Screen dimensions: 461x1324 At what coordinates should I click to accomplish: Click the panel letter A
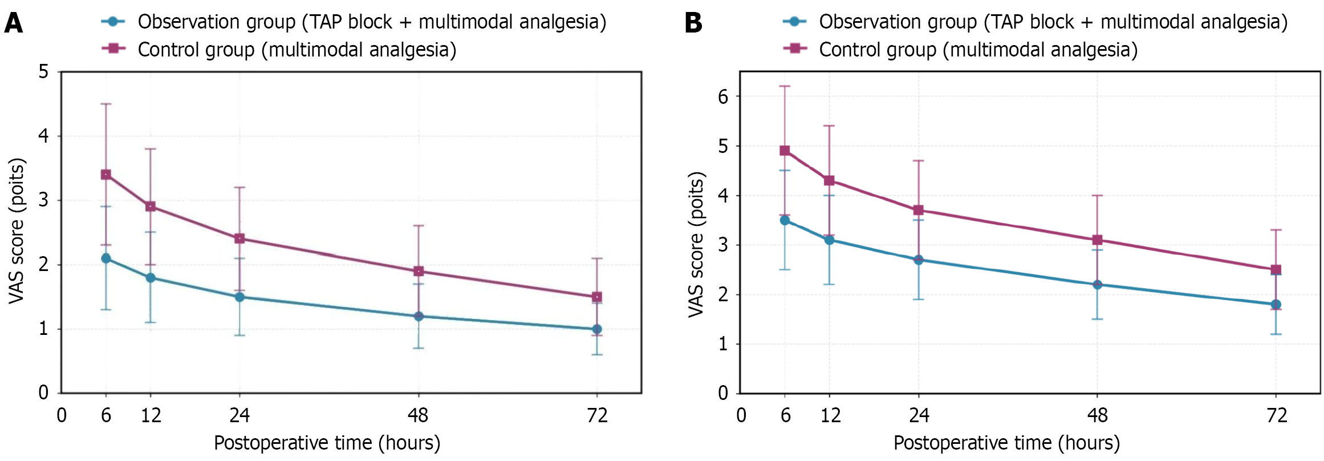(x=14, y=23)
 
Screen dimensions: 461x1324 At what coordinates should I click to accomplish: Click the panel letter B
(x=693, y=23)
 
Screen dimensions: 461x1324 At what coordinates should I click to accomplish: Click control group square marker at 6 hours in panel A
(x=106, y=175)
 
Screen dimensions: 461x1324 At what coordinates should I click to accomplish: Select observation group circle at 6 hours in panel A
(x=106, y=258)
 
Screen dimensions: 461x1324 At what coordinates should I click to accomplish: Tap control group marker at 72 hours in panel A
(x=597, y=297)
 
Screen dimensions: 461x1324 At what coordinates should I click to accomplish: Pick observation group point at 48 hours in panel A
(x=419, y=316)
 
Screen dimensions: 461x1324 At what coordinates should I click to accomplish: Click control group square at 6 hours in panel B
(x=785, y=151)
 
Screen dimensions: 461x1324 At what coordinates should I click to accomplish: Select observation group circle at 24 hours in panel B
(x=918, y=260)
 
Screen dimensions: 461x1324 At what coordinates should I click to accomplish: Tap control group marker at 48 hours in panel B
(x=1097, y=240)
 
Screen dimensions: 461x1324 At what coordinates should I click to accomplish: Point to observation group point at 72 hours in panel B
(x=1276, y=305)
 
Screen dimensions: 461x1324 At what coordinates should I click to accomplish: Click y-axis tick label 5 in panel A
(x=43, y=72)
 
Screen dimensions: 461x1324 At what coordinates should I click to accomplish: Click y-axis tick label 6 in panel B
(x=723, y=96)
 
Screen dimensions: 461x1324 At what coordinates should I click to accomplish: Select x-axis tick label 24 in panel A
(x=239, y=415)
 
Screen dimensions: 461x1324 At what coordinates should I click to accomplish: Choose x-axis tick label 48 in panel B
(x=1097, y=415)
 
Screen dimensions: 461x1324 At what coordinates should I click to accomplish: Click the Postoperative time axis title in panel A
(x=327, y=443)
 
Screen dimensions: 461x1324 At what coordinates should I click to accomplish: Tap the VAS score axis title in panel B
(x=696, y=244)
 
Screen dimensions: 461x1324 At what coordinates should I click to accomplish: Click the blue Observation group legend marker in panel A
(x=113, y=22)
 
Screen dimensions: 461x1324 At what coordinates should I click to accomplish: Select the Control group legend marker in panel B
(x=795, y=48)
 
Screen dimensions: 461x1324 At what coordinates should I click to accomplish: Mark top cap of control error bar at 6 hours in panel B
(x=785, y=86)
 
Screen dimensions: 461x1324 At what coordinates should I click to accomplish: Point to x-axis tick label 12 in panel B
(x=830, y=415)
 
